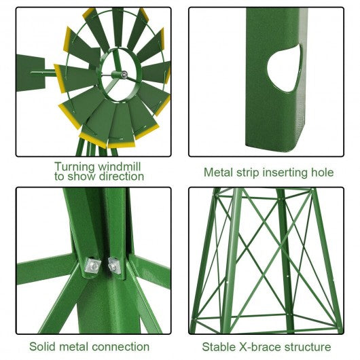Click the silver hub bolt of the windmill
click(x=124, y=75)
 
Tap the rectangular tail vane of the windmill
click(x=31, y=73)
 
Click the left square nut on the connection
click(x=92, y=266)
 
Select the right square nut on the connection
click(x=115, y=266)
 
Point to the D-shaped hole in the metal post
click(x=285, y=68)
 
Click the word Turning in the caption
click(x=75, y=166)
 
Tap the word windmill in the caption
click(x=119, y=166)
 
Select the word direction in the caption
click(x=122, y=177)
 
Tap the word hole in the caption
click(x=323, y=173)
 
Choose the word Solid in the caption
click(x=42, y=346)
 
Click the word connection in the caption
click(x=120, y=346)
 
